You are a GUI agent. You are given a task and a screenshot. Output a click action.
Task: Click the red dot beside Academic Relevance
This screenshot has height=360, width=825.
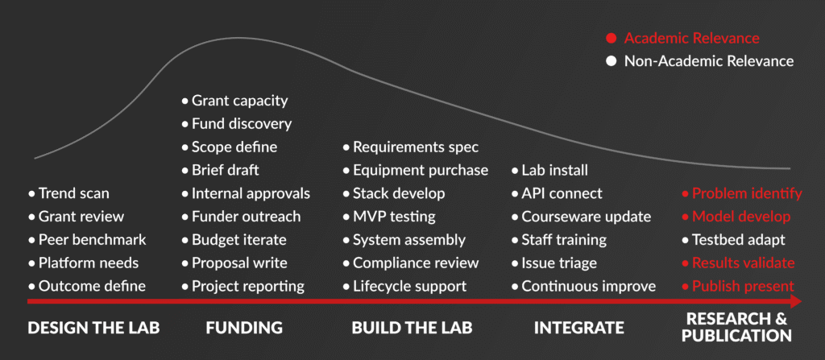pyautogui.click(x=611, y=38)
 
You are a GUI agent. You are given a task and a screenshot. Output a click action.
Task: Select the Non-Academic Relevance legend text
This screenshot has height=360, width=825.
pyautogui.click(x=709, y=60)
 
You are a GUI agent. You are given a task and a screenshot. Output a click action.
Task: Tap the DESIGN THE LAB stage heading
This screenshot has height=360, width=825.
pyautogui.click(x=93, y=328)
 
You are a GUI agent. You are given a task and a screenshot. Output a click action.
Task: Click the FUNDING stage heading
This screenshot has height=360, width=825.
pyautogui.click(x=243, y=328)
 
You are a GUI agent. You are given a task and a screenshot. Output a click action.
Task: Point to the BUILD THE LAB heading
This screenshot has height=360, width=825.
pyautogui.click(x=412, y=328)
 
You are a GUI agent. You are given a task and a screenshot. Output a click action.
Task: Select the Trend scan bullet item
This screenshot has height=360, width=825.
pyautogui.click(x=73, y=193)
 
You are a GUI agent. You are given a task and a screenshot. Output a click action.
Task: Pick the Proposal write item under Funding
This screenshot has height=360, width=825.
pyautogui.click(x=238, y=263)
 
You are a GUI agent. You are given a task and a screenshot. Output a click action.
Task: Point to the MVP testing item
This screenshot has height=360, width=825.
pyautogui.click(x=394, y=217)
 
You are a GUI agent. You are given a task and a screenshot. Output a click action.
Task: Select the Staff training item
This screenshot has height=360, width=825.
pyautogui.click(x=564, y=240)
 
